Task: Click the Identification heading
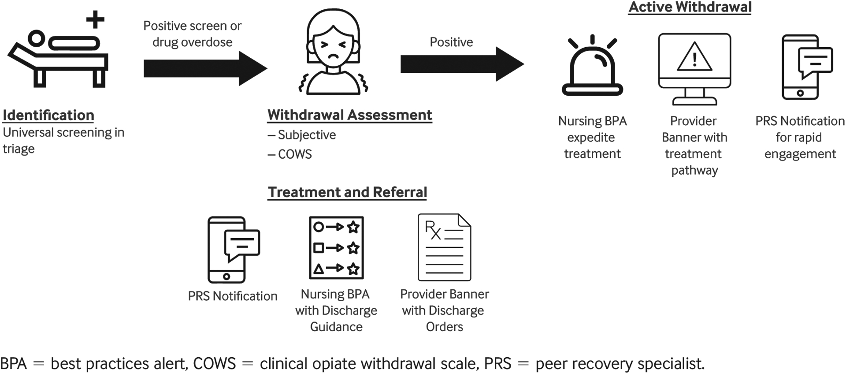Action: [48, 115]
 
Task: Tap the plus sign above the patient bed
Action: [95, 19]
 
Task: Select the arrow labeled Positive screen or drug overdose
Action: [205, 68]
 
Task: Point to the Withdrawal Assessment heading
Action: [349, 115]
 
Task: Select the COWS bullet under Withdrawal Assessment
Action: [295, 154]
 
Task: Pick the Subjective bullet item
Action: [307, 135]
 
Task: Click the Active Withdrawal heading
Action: [690, 7]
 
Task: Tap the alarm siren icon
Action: [592, 66]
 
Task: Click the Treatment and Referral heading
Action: [347, 192]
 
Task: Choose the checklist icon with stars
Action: [336, 247]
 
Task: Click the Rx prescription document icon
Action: [444, 247]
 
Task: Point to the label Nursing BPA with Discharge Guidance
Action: [336, 310]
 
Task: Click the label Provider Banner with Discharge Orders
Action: [444, 310]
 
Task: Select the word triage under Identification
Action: [19, 149]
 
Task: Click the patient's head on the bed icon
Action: [37, 38]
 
